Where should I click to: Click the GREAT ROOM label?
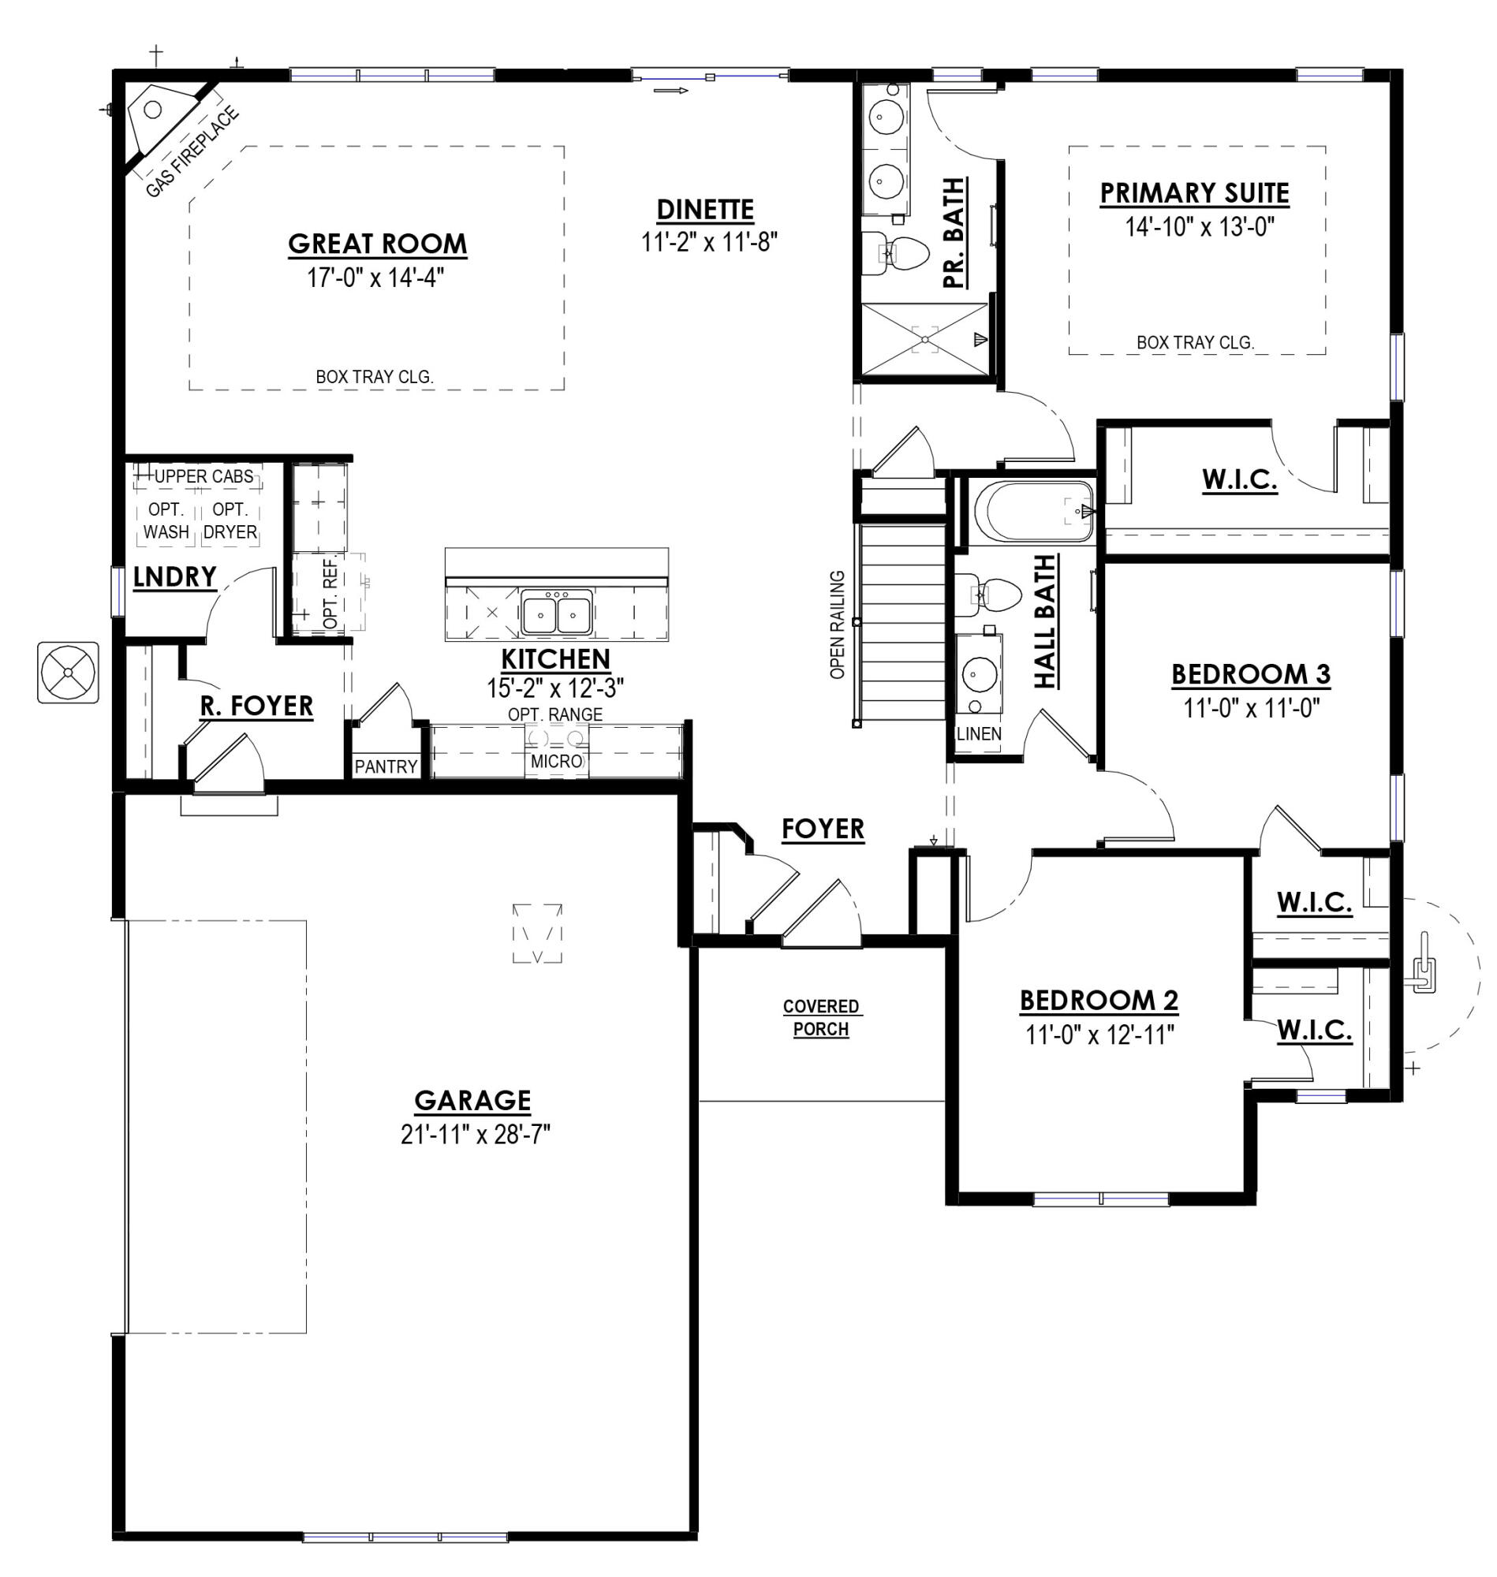[x=378, y=244]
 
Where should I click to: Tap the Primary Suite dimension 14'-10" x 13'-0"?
[x=1199, y=227]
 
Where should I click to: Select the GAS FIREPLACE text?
[x=192, y=152]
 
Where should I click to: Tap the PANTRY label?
[x=386, y=766]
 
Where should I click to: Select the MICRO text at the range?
[x=556, y=762]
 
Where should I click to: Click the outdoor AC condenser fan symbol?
[x=68, y=673]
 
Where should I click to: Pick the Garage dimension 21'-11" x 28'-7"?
[x=476, y=1135]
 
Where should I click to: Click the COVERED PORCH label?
[x=821, y=1018]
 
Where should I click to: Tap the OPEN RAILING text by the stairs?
[x=837, y=624]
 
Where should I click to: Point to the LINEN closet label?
[x=978, y=734]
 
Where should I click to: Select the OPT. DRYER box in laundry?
[x=230, y=521]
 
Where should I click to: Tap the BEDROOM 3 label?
[x=1250, y=675]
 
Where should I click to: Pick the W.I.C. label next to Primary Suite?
[x=1239, y=480]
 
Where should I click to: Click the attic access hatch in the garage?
[x=537, y=934]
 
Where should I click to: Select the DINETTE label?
[x=705, y=210]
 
